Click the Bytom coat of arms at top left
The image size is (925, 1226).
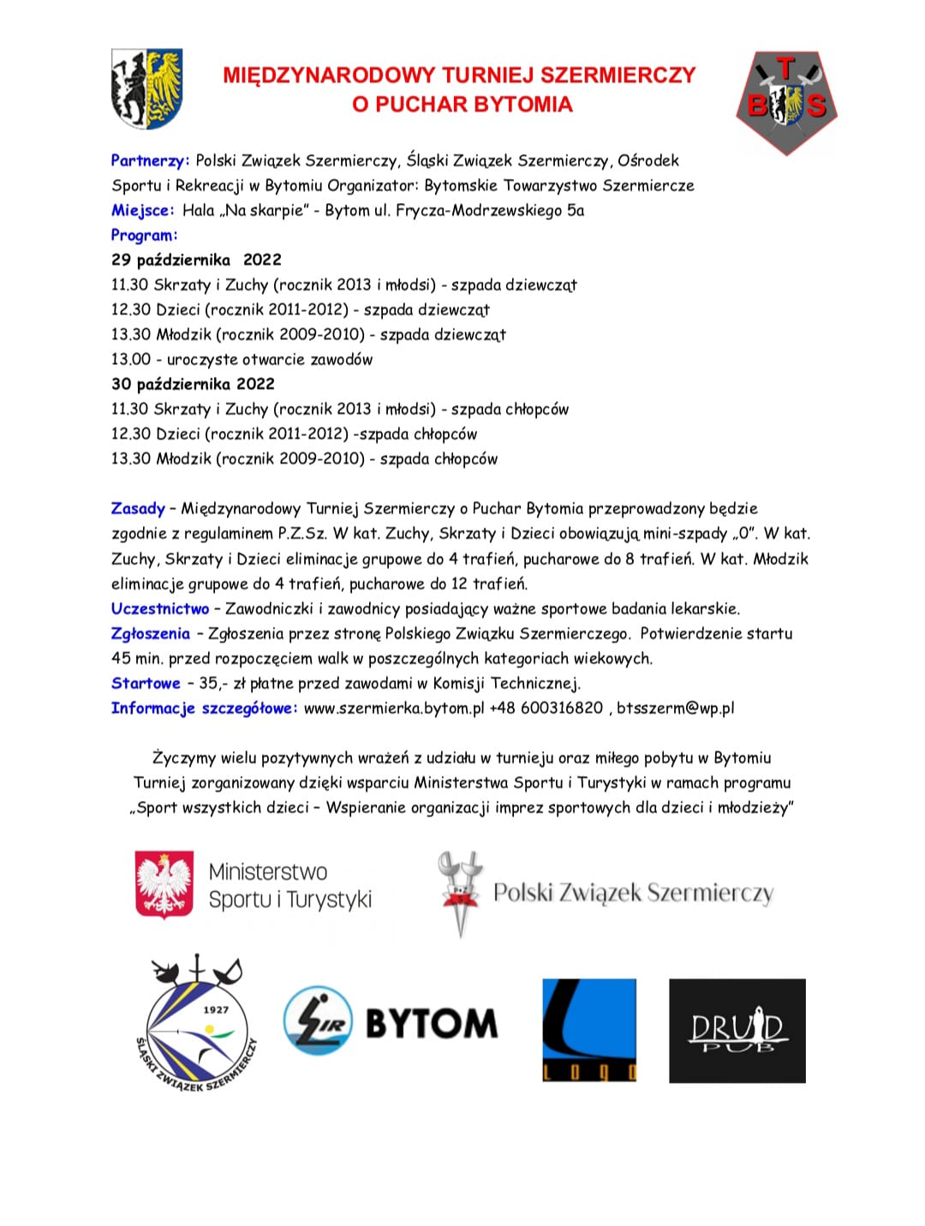tap(146, 88)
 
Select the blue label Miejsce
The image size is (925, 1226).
tap(142, 210)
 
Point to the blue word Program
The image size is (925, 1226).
tap(144, 235)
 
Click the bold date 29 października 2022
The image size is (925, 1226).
tap(196, 260)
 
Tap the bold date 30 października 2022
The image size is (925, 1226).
tap(193, 384)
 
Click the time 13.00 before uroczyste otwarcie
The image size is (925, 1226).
tap(130, 359)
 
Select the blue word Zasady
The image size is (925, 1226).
tap(137, 508)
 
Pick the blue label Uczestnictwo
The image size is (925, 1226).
tap(160, 608)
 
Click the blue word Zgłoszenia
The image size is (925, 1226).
tap(150, 633)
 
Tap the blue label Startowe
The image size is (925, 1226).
tap(146, 683)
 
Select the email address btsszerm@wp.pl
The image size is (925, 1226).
tap(676, 708)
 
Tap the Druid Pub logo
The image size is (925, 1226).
tap(737, 1030)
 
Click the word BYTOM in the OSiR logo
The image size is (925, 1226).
tap(432, 1023)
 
